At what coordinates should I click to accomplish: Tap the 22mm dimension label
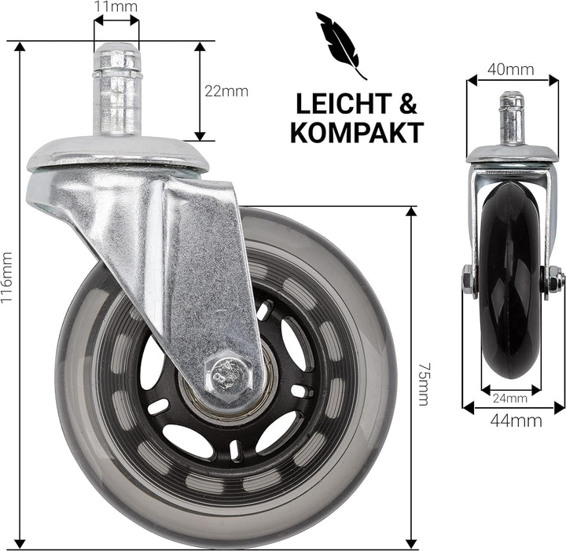[x=226, y=91]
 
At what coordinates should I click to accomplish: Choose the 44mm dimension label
[x=514, y=421]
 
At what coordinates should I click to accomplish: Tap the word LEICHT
[x=340, y=104]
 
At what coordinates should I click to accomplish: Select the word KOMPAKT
[x=356, y=133]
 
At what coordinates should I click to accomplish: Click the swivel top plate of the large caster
[x=118, y=155]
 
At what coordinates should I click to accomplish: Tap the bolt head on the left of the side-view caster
[x=468, y=278]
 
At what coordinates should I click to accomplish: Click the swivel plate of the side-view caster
[x=512, y=155]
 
